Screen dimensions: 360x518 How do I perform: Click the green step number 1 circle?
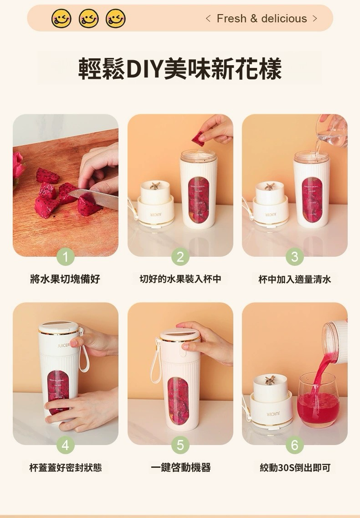(66, 257)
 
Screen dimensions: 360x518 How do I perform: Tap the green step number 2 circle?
(180, 257)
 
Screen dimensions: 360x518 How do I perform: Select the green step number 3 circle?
(294, 257)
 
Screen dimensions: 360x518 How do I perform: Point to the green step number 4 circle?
(66, 445)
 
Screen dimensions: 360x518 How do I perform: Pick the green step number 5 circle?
(180, 445)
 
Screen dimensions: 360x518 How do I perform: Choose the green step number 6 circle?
(294, 445)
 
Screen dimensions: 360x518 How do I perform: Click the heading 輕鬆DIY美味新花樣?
(180, 68)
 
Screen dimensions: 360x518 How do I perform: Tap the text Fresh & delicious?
(262, 19)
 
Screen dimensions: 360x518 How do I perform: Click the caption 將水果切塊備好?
(65, 279)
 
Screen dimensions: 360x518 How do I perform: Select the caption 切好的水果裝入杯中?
(180, 279)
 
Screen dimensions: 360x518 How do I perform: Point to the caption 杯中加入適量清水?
(294, 280)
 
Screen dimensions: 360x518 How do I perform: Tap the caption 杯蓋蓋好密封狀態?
(66, 468)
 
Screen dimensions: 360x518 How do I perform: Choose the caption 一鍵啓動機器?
(180, 468)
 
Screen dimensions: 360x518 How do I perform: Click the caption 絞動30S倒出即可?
(295, 468)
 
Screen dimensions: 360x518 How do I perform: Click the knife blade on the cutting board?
(94, 198)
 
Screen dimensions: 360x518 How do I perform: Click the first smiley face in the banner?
(62, 18)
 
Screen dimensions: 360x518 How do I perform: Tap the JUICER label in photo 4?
(63, 345)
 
